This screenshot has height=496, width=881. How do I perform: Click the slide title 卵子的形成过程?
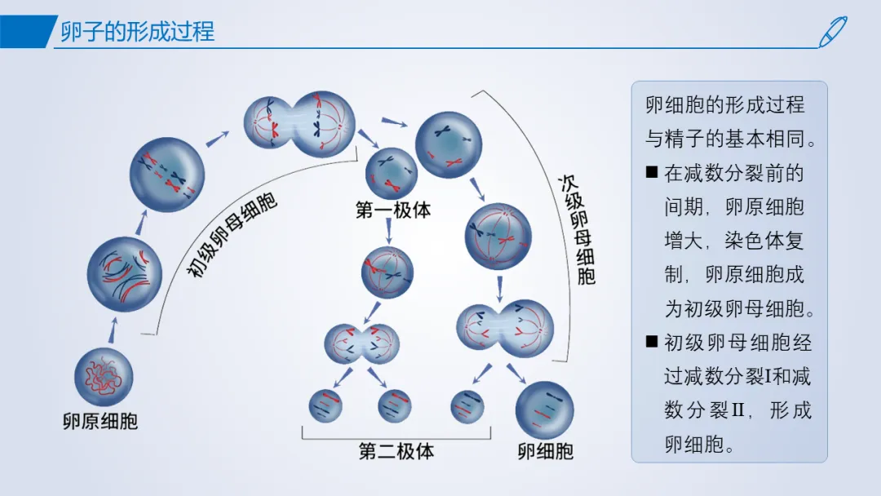pyautogui.click(x=138, y=31)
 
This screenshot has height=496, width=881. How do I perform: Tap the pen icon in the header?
pyautogui.click(x=833, y=32)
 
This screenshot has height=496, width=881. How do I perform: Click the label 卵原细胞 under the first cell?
pyautogui.click(x=100, y=421)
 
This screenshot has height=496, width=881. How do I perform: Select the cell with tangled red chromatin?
pyautogui.click(x=104, y=377)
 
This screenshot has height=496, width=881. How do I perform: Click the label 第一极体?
pyautogui.click(x=392, y=210)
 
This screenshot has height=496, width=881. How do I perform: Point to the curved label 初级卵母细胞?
pyautogui.click(x=232, y=235)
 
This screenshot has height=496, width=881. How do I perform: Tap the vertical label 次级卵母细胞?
pyautogui.click(x=577, y=230)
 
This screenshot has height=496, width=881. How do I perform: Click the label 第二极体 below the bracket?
pyautogui.click(x=396, y=451)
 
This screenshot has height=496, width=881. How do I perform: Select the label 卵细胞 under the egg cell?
pyautogui.click(x=545, y=451)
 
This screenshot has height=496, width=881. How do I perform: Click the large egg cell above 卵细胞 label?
pyautogui.click(x=544, y=410)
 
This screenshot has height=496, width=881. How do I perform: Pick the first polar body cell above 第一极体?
pyautogui.click(x=392, y=173)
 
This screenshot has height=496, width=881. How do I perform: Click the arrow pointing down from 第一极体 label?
pyautogui.click(x=389, y=230)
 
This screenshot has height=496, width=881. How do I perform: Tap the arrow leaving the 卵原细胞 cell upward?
pyautogui.click(x=113, y=330)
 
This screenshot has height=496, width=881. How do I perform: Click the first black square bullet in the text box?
pyautogui.click(x=652, y=172)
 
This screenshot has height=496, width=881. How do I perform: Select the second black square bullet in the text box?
pyautogui.click(x=652, y=341)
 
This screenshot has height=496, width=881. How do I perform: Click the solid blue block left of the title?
pyautogui.click(x=27, y=32)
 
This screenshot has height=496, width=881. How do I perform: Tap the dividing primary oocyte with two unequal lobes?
pyautogui.click(x=299, y=123)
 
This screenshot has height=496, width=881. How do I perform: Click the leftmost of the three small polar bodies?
pyautogui.click(x=325, y=405)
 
